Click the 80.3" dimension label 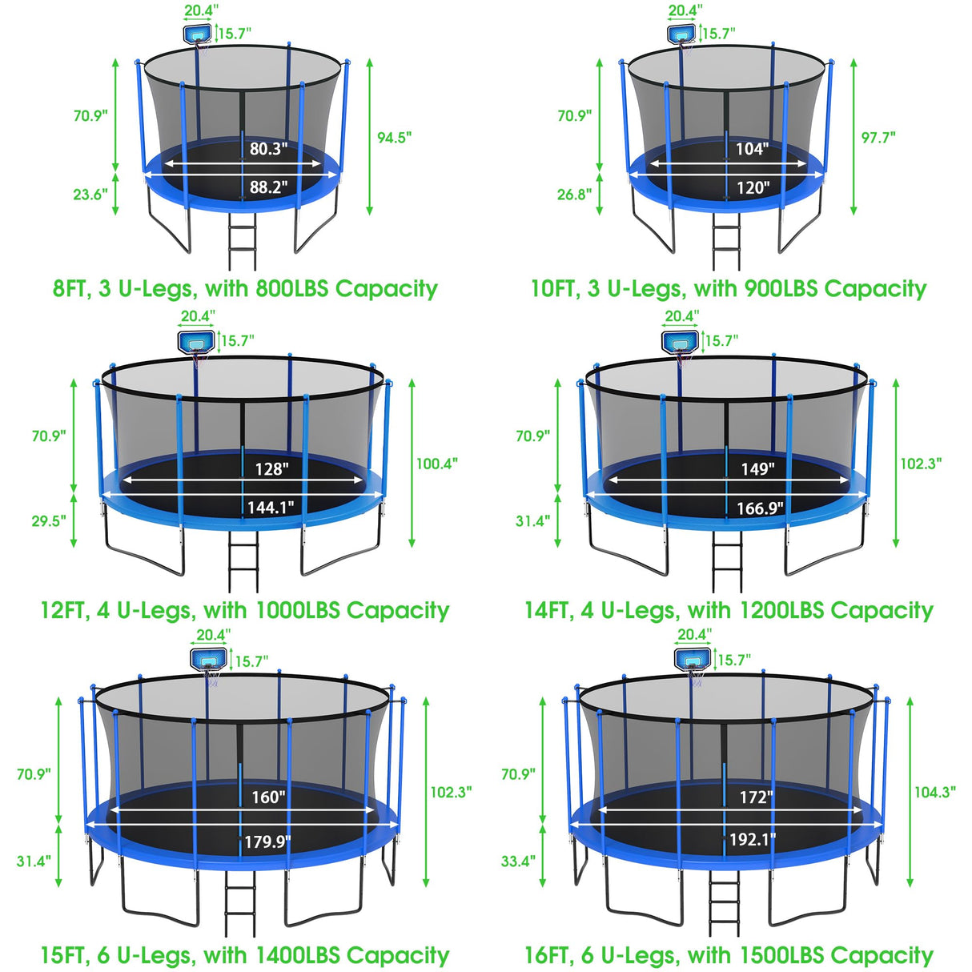pos(268,149)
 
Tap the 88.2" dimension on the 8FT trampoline pos(268,187)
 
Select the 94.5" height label pos(395,138)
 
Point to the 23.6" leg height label pos(90,195)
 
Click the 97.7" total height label pos(878,138)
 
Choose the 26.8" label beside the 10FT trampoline pos(574,195)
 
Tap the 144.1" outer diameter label pos(271,507)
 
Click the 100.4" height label pos(437,464)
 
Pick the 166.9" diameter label pos(760,508)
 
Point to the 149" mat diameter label pos(757,468)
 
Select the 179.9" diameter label pos(267,841)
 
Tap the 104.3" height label pos(935,792)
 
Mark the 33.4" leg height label pos(518,862)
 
